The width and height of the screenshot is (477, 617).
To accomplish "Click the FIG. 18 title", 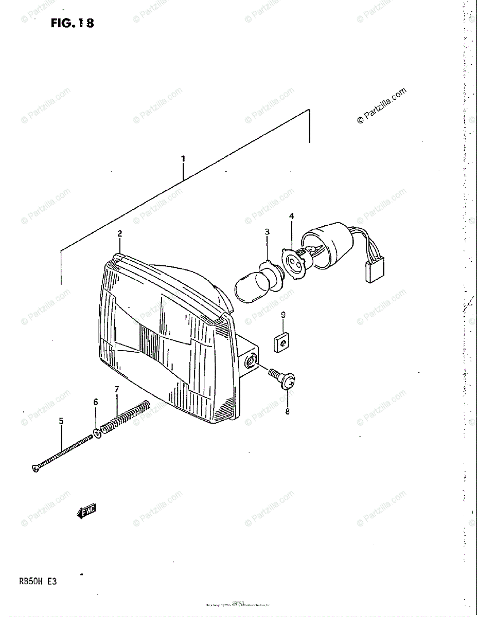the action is (73, 23).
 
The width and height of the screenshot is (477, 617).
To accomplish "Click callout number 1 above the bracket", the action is (183, 158).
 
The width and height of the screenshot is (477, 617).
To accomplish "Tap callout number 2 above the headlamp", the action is (119, 233).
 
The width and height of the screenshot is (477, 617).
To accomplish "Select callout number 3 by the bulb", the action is (267, 232).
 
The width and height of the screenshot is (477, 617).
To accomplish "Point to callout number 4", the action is (291, 216).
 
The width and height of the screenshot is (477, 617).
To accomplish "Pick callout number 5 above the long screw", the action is (61, 421).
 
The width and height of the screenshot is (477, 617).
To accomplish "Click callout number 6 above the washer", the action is (96, 402).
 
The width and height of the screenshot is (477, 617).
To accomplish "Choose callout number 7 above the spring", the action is (117, 389).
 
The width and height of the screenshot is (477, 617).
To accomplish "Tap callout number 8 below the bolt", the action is (287, 411).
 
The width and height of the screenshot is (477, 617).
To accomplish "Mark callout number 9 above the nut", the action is (283, 314).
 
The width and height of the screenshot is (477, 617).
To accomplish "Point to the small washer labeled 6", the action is (96, 432).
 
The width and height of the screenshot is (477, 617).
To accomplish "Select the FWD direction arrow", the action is (86, 511).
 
